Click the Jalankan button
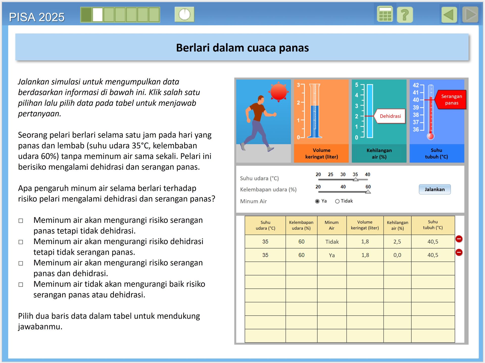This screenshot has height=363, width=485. click(x=434, y=189)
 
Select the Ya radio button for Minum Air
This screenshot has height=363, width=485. click(x=317, y=201)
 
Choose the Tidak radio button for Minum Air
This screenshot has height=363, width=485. click(x=337, y=201)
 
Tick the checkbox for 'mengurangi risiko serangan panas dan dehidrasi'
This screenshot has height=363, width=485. click(x=21, y=263)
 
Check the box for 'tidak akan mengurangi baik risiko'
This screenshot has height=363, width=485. click(x=21, y=284)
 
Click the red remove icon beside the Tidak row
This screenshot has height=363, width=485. click(x=459, y=239)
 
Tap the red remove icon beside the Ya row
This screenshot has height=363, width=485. click(x=459, y=252)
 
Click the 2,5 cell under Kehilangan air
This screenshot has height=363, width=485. click(x=397, y=242)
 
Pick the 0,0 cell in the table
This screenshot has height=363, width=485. click(x=397, y=255)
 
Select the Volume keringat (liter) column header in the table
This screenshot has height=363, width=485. click(x=365, y=225)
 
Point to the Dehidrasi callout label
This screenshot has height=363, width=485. click(x=390, y=116)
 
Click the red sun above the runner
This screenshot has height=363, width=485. click(x=279, y=91)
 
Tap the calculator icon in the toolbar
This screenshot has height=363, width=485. click(x=385, y=14)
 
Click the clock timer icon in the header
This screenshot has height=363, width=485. click(x=184, y=14)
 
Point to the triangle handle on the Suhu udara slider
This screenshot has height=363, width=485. click(x=355, y=179)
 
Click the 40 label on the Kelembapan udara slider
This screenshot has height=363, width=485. click(x=343, y=187)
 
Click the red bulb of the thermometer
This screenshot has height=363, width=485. click(x=430, y=136)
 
